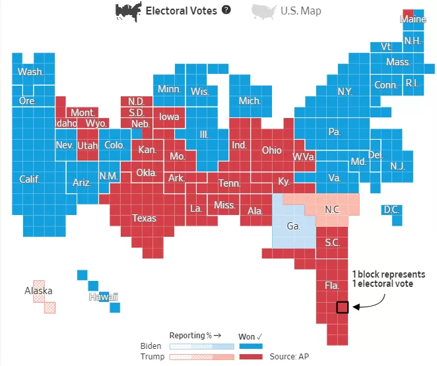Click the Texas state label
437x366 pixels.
[x=144, y=218]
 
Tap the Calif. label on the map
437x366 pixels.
[x=29, y=179]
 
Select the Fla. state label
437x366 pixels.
[x=332, y=286]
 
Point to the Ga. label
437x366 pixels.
[x=294, y=226]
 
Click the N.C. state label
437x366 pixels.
[x=333, y=209]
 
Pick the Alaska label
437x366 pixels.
[x=38, y=291]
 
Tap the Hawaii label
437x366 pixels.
[x=104, y=297]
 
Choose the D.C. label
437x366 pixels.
[x=391, y=209]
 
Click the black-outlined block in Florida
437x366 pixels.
[x=342, y=307]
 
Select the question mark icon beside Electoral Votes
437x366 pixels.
[x=226, y=10]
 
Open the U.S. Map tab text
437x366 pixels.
[x=301, y=11]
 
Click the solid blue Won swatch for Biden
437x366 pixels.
[x=251, y=346]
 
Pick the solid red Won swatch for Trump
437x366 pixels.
[x=251, y=357]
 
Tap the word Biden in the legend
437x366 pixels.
[x=151, y=346]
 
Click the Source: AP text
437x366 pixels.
[x=289, y=357]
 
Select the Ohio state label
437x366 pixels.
[x=272, y=150]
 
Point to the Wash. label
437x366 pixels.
[x=30, y=71]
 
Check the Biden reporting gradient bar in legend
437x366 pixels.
[x=202, y=346]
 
